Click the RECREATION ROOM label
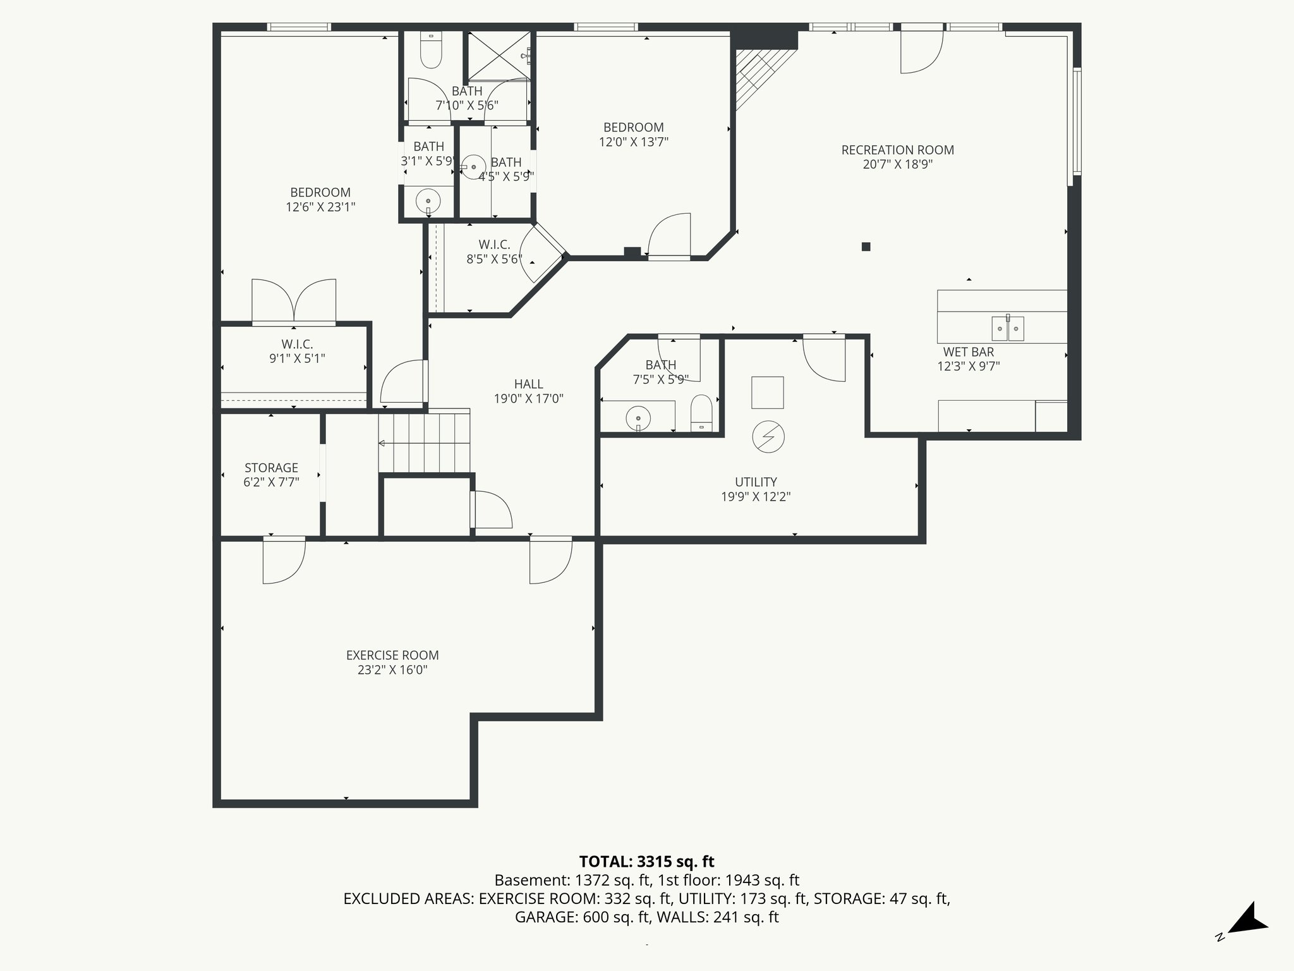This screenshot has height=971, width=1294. point(897,150)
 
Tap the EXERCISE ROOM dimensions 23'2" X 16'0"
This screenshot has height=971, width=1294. point(392,670)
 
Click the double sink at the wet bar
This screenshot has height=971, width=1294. point(1007,328)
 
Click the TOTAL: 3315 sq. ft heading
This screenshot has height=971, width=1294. point(646,862)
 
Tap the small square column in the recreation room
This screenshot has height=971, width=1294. point(866,247)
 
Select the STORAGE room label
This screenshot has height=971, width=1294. point(271,468)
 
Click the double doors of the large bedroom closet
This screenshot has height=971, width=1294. point(294,302)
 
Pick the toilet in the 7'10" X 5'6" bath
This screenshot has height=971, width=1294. point(432,51)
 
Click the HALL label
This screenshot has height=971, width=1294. point(528,384)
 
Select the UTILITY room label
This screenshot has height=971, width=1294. point(756,482)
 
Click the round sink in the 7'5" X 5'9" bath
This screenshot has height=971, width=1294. point(638,418)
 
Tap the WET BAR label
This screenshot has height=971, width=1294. point(968,352)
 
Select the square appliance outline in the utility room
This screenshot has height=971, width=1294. point(767,393)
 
